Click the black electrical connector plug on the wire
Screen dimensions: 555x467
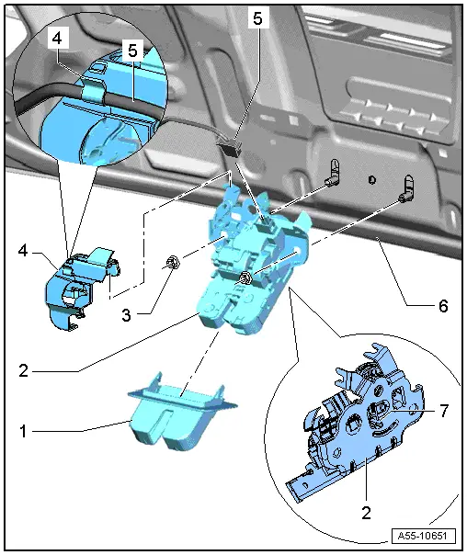231,142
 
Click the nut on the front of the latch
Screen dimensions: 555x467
245,278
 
